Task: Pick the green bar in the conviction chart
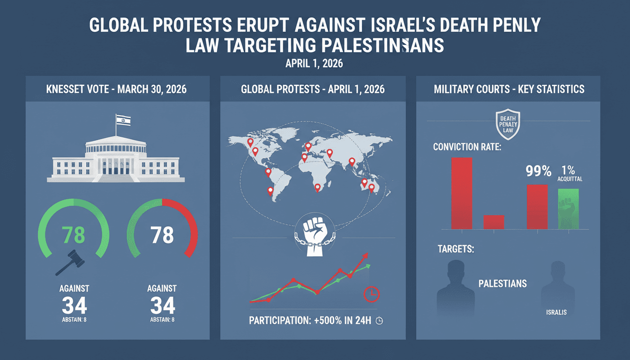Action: tap(568, 209)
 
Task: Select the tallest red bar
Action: tap(462, 193)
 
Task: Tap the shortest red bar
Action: tap(493, 222)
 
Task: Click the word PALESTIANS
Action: tap(502, 284)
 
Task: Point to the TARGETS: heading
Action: tap(456, 249)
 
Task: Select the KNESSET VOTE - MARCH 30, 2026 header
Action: tap(116, 89)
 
